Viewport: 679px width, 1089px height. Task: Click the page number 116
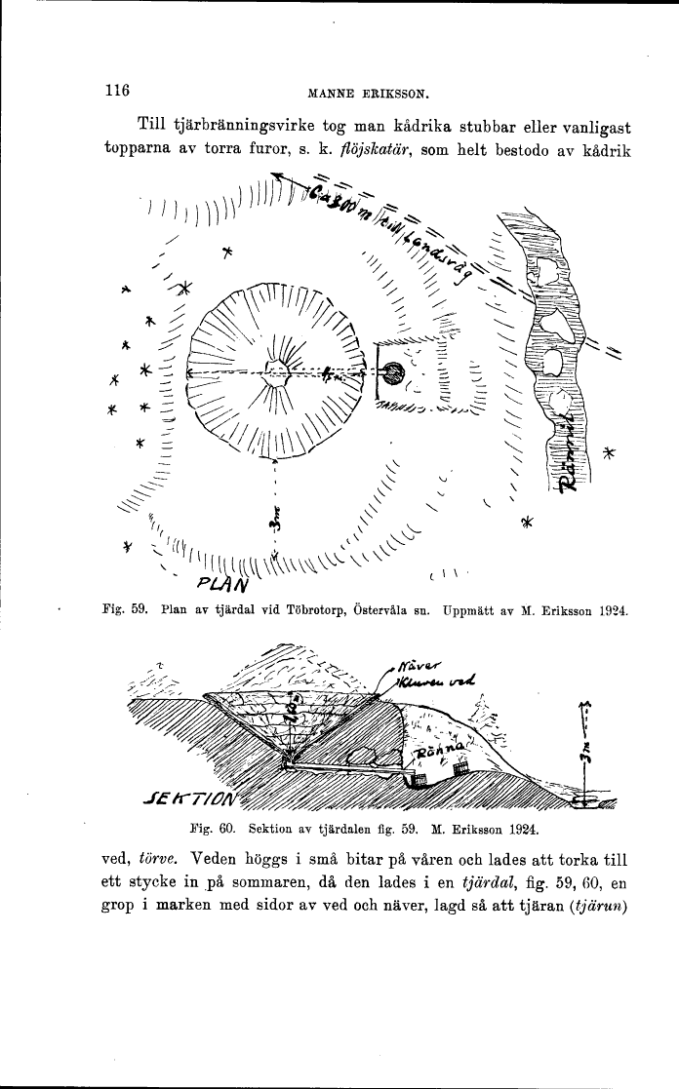pos(117,91)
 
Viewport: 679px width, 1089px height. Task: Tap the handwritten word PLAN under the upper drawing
pos(224,583)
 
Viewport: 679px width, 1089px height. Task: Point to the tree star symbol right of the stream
pos(611,453)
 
